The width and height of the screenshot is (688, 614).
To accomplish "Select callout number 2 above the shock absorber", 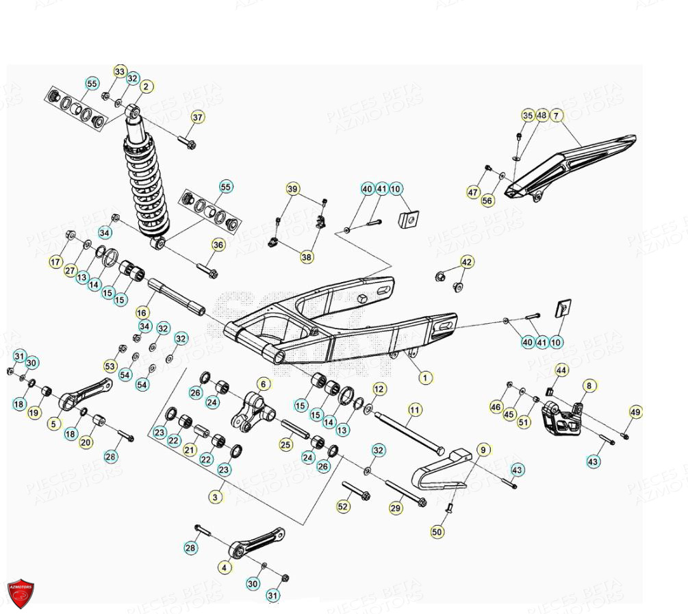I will (145, 87).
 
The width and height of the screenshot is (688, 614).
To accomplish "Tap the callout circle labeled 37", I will (197, 118).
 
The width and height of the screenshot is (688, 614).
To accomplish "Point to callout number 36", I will (218, 245).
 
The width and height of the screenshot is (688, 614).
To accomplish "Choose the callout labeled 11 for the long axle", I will (416, 411).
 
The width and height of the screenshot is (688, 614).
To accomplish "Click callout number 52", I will (343, 507).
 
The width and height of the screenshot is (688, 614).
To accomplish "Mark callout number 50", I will (437, 531).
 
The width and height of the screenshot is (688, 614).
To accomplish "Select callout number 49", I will (636, 412).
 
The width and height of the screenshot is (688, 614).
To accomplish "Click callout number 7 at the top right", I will (556, 115).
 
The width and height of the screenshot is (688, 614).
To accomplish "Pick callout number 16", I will (141, 311).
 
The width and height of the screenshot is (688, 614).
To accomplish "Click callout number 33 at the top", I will (120, 72).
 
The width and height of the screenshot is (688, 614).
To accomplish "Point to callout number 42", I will (466, 262).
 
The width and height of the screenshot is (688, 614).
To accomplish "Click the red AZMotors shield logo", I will (21, 591).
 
